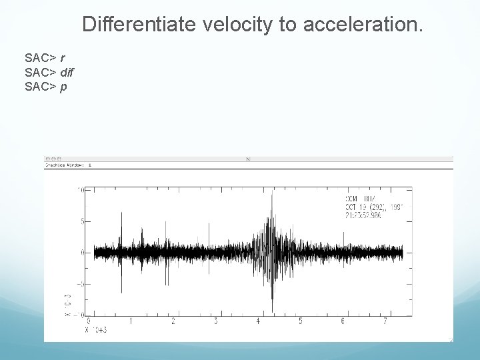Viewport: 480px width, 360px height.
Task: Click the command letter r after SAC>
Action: [x=62, y=58]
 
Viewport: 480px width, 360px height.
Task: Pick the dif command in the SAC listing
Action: [x=67, y=72]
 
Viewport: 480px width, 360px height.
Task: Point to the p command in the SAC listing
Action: [x=63, y=86]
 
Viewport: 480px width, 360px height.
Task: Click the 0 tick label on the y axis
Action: [x=81, y=252]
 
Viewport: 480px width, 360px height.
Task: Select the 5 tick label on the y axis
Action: [x=81, y=221]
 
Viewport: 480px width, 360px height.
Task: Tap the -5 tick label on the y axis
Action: [x=79, y=283]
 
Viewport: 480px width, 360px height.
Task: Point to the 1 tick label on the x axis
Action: [x=131, y=321]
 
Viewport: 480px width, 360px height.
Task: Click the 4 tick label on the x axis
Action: [x=258, y=321]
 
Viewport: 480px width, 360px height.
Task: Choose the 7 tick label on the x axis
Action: [x=385, y=321]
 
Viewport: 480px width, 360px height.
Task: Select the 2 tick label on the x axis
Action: [x=173, y=321]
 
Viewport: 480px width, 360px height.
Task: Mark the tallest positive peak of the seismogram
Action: [x=272, y=193]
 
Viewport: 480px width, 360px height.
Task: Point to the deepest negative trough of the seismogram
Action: [x=272, y=311]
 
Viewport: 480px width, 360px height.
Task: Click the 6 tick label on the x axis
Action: [x=343, y=321]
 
